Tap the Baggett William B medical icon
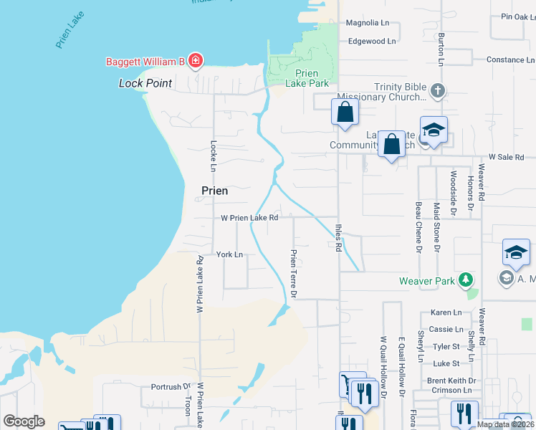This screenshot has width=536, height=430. coord(196,61)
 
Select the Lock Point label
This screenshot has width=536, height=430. coord(145,83)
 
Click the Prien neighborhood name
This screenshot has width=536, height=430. coord(210,191)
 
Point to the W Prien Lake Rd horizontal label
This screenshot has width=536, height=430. coord(249,217)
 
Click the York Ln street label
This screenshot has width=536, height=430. coord(230,254)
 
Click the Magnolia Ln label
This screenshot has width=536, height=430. coord(367,23)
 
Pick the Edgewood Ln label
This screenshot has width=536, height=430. coord(371,42)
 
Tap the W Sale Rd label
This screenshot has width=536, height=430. coord(506,157)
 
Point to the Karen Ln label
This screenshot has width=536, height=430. coord(446,313)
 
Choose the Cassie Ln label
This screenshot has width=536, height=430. coord(446,329)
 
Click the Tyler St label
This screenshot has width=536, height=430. coord(446,346)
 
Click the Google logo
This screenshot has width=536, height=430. coord(24,421)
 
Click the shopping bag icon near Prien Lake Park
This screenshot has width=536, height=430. coord(345,112)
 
